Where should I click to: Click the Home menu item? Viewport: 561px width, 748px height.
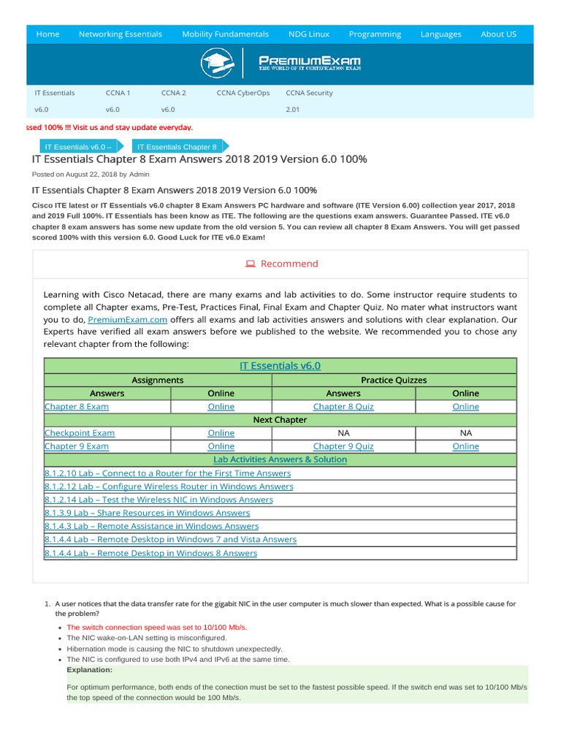[47, 34]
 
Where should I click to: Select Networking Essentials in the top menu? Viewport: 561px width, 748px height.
[120, 34]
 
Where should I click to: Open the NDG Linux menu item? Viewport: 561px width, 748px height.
[308, 34]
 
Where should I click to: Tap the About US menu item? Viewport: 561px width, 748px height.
[498, 34]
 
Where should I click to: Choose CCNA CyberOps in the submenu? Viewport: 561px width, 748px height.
[243, 93]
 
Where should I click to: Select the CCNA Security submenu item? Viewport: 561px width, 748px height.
[309, 93]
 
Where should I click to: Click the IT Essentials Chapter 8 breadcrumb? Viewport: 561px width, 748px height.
[177, 147]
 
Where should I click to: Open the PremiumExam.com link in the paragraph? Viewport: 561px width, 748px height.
[128, 320]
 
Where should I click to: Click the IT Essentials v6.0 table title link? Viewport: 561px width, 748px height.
[280, 366]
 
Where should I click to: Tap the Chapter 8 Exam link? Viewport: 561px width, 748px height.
[77, 407]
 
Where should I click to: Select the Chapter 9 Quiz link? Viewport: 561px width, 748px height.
[343, 446]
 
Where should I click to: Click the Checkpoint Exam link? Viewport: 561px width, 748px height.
[80, 433]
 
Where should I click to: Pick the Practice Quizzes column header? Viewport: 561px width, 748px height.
[394, 381]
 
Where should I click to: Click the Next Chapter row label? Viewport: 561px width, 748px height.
[280, 420]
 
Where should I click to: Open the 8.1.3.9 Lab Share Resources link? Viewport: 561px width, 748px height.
[147, 513]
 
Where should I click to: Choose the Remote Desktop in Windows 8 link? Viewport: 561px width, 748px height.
[150, 553]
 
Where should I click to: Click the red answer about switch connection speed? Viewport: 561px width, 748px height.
[157, 627]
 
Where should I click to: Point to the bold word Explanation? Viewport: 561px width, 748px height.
[89, 669]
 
